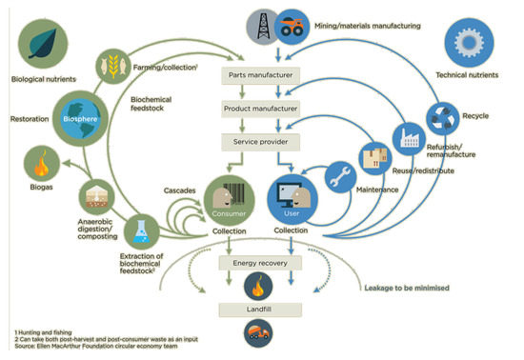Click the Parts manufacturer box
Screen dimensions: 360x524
point(260,74)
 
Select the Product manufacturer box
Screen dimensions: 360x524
point(260,109)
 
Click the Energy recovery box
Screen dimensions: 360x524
point(260,262)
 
